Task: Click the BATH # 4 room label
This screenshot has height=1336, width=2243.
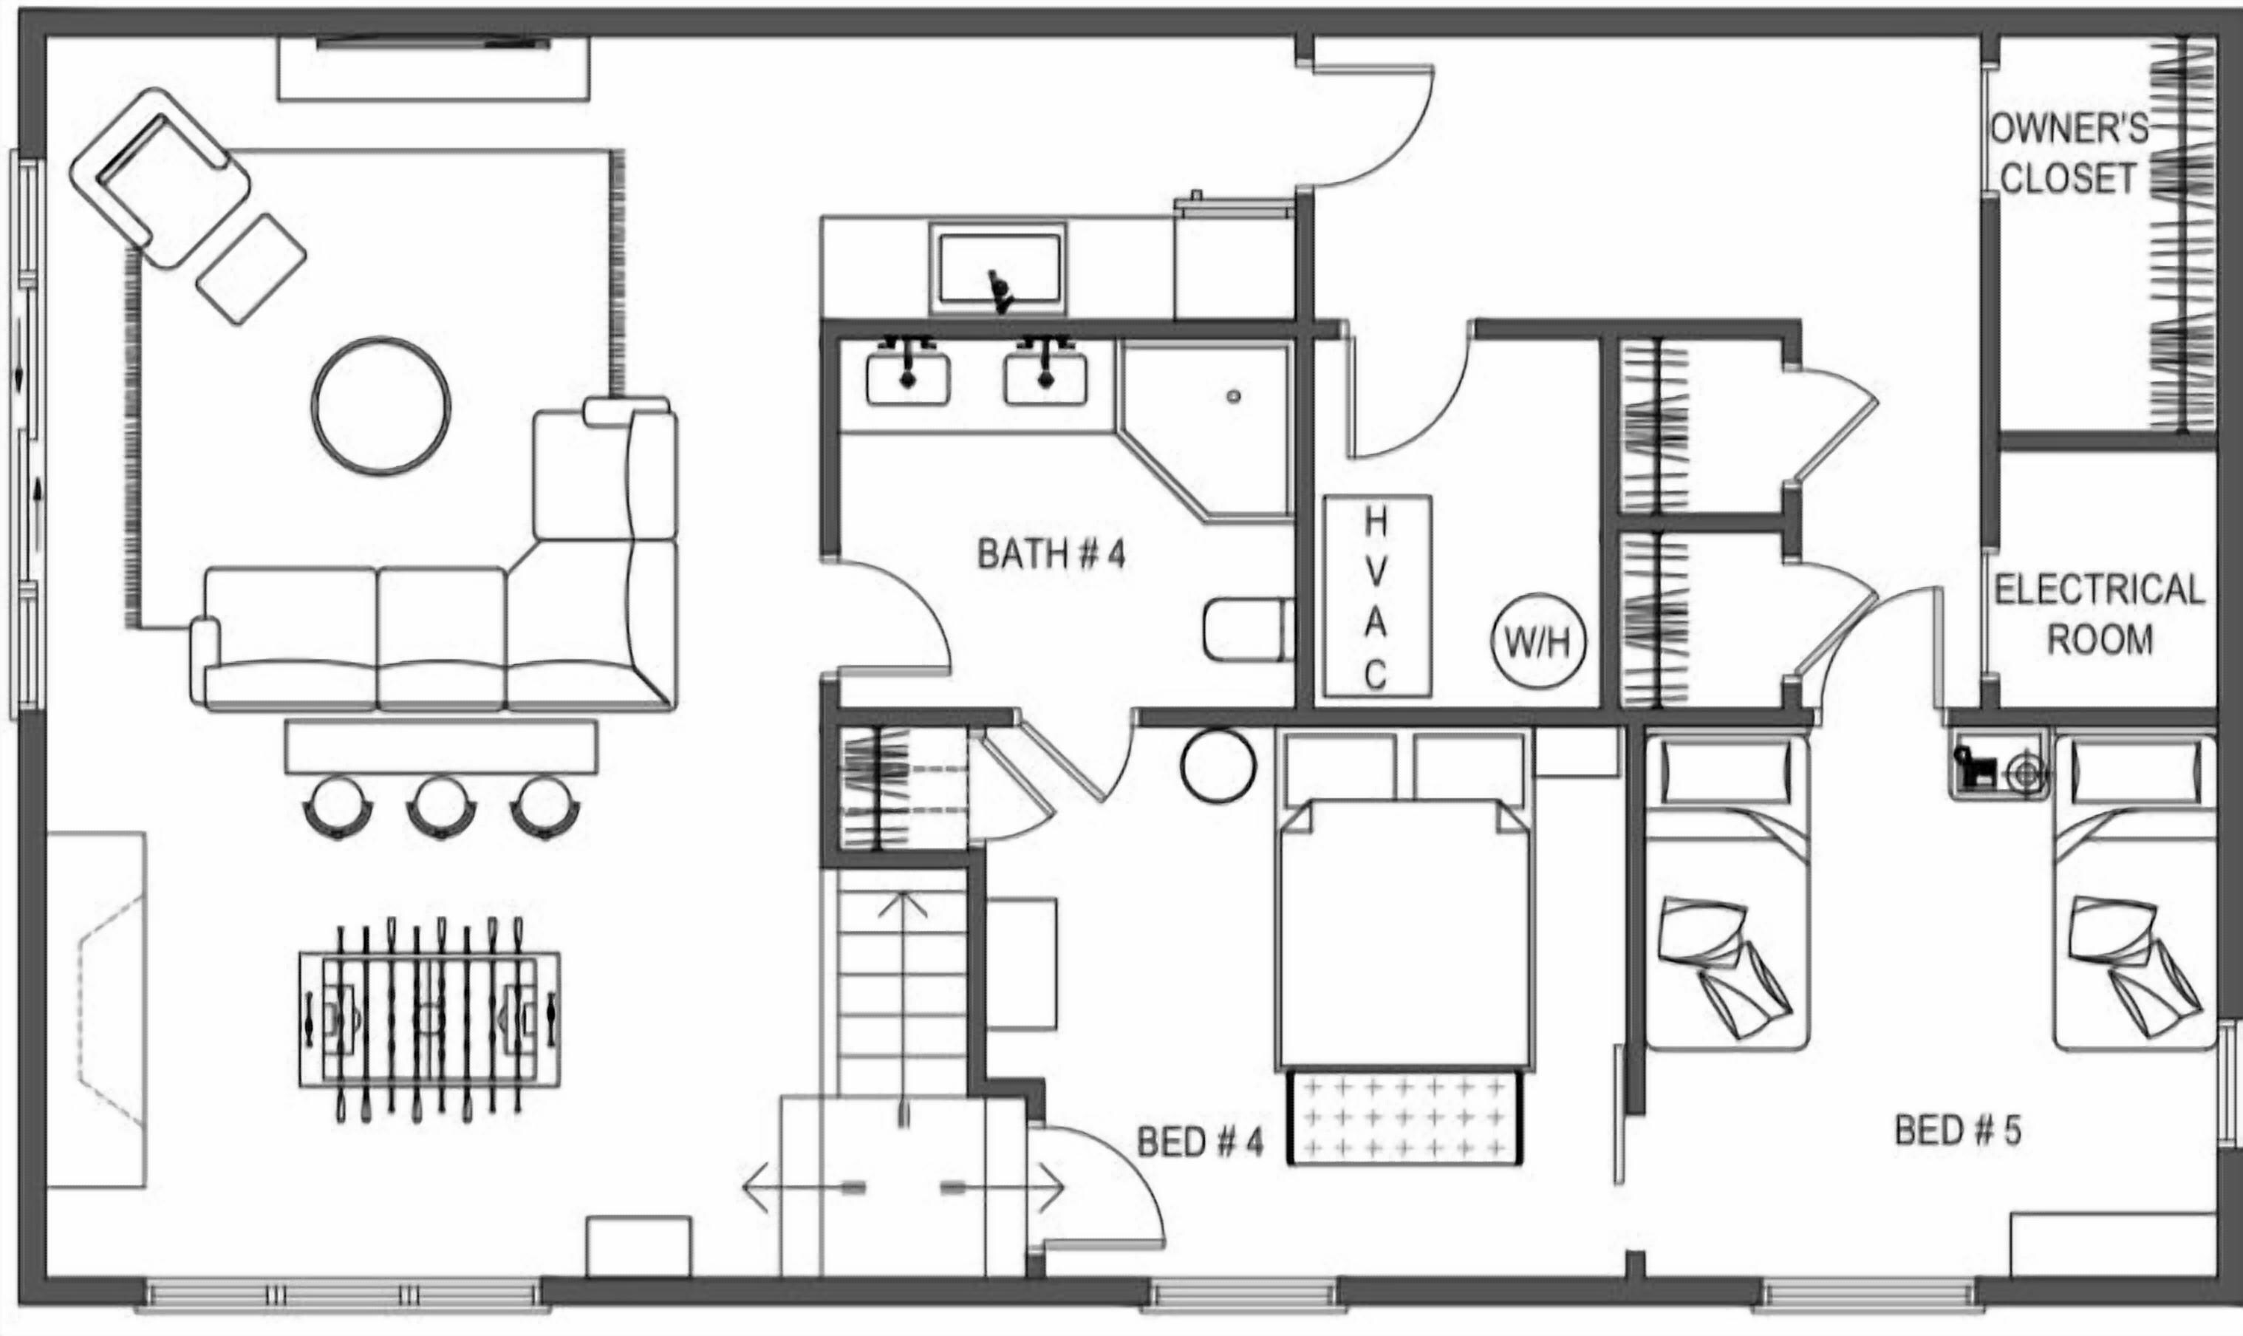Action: pos(1051,554)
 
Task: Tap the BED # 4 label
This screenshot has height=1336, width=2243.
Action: pos(1200,1142)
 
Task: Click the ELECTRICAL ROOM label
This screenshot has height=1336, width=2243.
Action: pos(2100,615)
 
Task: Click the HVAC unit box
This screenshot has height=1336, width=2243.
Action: pos(1377,596)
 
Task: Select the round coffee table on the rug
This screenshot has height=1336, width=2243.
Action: pos(382,405)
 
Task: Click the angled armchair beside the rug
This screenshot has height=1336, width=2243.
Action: pos(160,178)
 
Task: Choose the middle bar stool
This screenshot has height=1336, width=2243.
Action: pos(441,807)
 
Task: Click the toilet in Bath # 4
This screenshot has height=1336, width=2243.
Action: pos(1249,630)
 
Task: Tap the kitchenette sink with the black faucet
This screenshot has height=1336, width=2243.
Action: pos(998,267)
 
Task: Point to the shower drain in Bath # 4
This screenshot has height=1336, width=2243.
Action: pos(1234,396)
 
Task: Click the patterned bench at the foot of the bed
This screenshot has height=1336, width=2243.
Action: pos(1404,1117)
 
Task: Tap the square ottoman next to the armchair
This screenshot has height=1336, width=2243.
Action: pos(251,269)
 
